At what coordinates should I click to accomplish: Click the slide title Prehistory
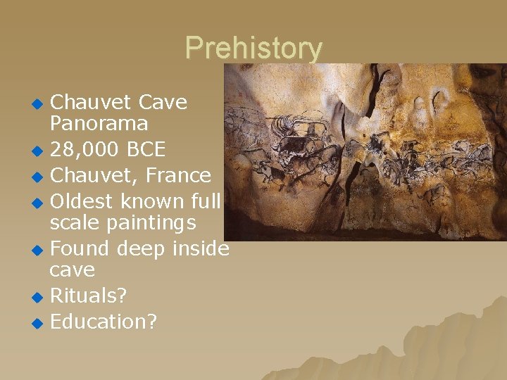(254, 49)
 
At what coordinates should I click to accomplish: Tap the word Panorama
(99, 124)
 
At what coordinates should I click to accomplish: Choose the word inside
(200, 248)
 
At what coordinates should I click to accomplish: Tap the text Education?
(104, 322)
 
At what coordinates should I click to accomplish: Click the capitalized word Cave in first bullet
(163, 103)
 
